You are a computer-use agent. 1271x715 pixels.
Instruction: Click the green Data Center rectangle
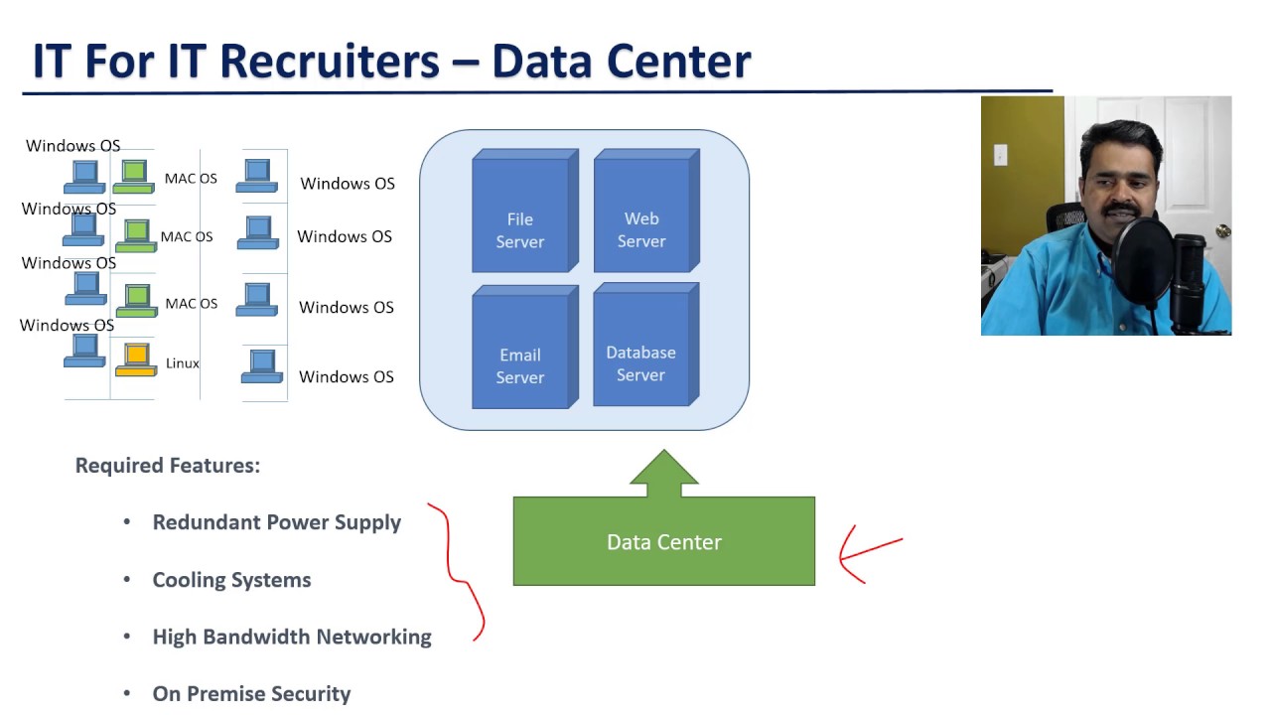click(x=663, y=542)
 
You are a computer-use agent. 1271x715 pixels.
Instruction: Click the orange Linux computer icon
click(x=136, y=358)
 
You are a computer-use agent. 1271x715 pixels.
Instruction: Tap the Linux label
click(x=183, y=363)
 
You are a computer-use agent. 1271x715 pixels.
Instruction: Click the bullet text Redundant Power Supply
click(x=276, y=522)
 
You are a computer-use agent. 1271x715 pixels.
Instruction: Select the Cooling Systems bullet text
click(x=231, y=580)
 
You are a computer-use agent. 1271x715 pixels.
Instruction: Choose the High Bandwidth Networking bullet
click(x=292, y=638)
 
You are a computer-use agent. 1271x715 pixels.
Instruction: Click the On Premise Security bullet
click(x=251, y=694)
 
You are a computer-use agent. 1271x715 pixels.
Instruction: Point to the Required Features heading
click(x=168, y=466)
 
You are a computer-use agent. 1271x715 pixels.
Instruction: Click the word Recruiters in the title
click(x=329, y=61)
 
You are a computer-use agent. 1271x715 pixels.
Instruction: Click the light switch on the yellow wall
click(x=1000, y=155)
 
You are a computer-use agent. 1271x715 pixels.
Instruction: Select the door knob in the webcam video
click(x=1222, y=232)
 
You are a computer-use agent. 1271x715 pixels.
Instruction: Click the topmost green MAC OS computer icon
click(x=134, y=175)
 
